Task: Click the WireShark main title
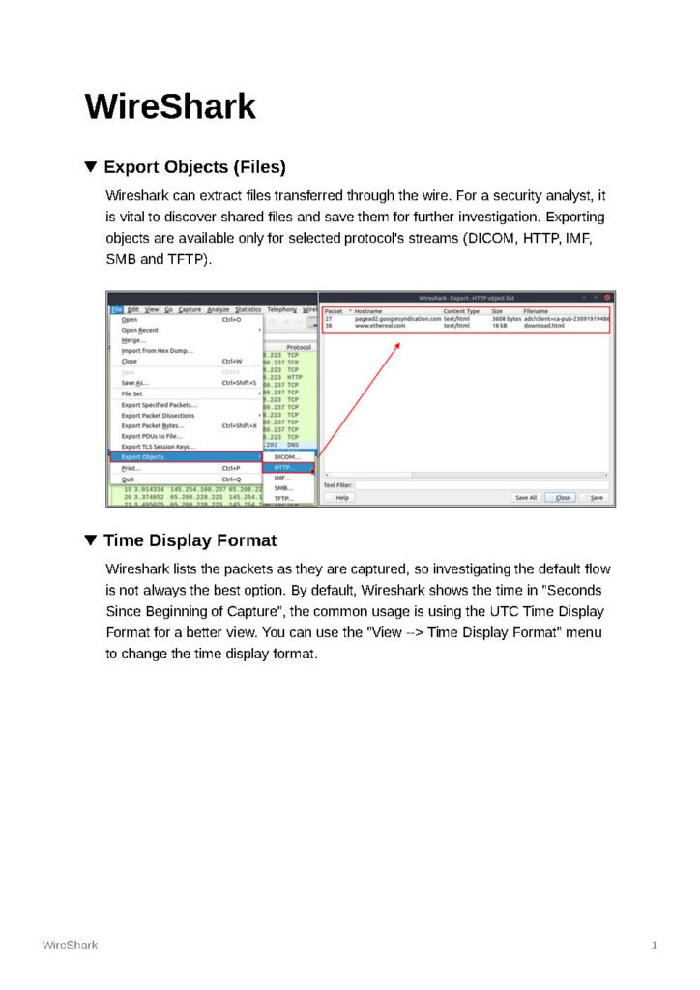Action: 170,106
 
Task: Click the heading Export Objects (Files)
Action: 194,167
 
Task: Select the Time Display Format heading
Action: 190,540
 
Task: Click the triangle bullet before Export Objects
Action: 91,167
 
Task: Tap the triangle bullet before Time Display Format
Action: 91,540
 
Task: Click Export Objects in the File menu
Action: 143,456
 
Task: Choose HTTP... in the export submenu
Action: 284,467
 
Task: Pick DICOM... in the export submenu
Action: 287,456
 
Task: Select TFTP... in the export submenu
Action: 283,499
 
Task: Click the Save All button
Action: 526,497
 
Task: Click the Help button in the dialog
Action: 341,497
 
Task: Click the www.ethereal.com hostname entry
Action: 380,327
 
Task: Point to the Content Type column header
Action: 461,311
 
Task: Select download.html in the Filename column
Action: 544,327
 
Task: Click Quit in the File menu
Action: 129,480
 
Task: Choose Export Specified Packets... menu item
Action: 159,405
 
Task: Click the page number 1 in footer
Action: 655,946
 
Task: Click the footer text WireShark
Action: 70,946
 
